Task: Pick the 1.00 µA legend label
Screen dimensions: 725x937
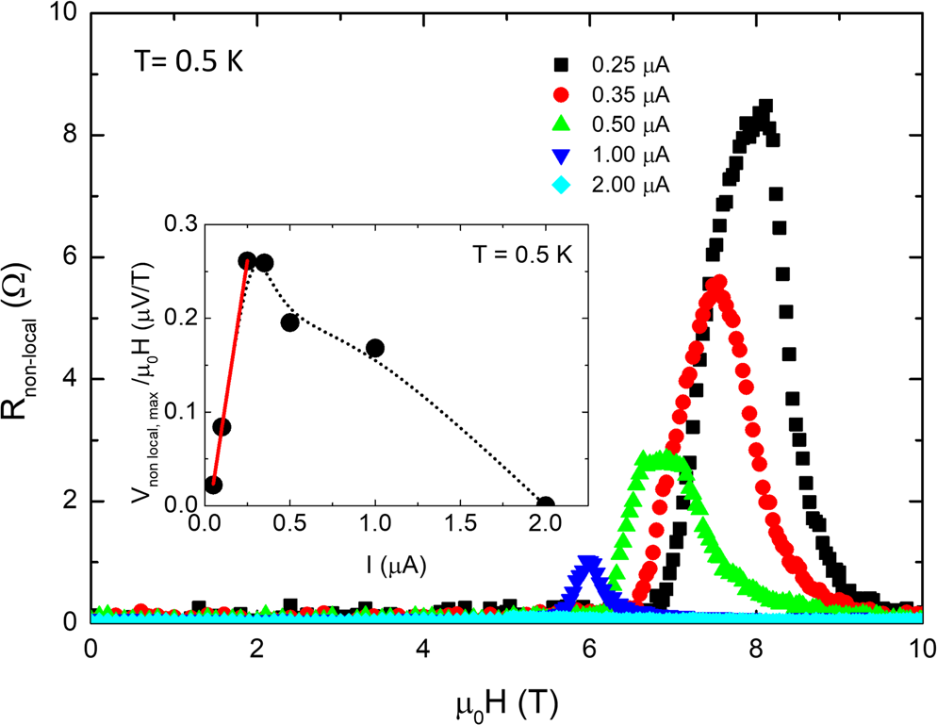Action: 630,155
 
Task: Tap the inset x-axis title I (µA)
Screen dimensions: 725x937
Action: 393,568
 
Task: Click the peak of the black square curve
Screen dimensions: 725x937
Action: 765,107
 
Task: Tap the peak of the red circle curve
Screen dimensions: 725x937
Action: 719,283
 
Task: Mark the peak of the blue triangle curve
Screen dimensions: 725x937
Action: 589,564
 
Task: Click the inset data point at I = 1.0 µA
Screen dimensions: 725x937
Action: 375,348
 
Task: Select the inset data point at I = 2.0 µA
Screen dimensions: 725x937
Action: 545,504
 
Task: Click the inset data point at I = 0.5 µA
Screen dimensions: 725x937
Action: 289,322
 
